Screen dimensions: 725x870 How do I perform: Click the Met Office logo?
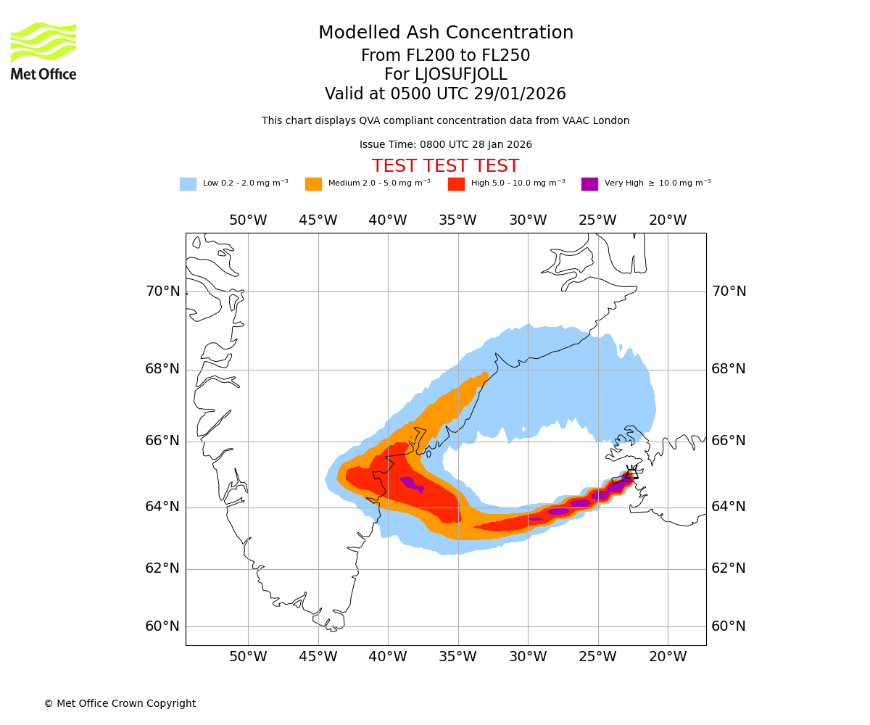pyautogui.click(x=43, y=51)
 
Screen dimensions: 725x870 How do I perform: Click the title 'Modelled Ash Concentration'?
pyautogui.click(x=446, y=33)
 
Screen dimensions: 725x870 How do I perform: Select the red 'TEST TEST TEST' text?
pyautogui.click(x=445, y=167)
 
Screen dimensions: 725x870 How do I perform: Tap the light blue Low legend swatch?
pyautogui.click(x=188, y=184)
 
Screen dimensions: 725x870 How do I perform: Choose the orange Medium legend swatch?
pyautogui.click(x=313, y=184)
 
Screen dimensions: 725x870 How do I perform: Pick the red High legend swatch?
pyautogui.click(x=456, y=184)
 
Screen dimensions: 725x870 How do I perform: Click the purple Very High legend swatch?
pyautogui.click(x=589, y=184)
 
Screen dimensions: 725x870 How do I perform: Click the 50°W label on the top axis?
pyautogui.click(x=248, y=220)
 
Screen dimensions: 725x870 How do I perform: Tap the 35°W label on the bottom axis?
pyautogui.click(x=457, y=657)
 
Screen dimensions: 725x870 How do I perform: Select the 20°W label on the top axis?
pyautogui.click(x=668, y=220)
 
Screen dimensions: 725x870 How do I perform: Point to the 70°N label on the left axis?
pyautogui.click(x=162, y=291)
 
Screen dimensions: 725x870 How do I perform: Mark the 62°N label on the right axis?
pyautogui.click(x=729, y=568)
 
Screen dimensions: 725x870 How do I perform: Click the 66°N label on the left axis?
pyautogui.click(x=162, y=441)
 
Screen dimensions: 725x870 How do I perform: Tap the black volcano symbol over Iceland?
pyautogui.click(x=630, y=475)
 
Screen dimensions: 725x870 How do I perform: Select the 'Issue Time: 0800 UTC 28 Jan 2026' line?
pyautogui.click(x=446, y=145)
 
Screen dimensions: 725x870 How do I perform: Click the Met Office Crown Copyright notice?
pyautogui.click(x=120, y=704)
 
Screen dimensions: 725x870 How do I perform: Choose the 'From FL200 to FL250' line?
pyautogui.click(x=446, y=56)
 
